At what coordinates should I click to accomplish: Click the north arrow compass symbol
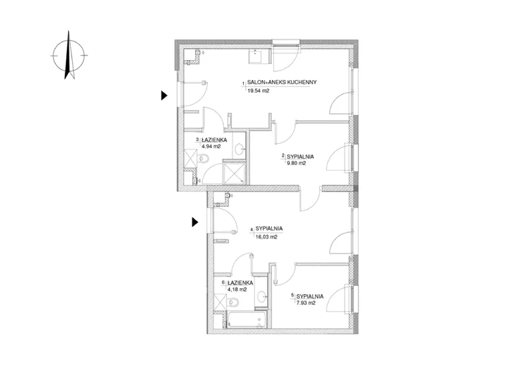pyautogui.click(x=69, y=55)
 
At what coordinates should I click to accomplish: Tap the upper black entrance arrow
pyautogui.click(x=164, y=95)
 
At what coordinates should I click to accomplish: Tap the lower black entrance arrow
pyautogui.click(x=194, y=222)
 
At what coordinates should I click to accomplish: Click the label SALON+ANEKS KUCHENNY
pyautogui.click(x=282, y=82)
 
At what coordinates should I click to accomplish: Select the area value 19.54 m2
pyautogui.click(x=258, y=91)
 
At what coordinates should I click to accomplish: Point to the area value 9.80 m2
pyautogui.click(x=296, y=163)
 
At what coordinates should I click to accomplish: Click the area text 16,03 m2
pyautogui.click(x=267, y=237)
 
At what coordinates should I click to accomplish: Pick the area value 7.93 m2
pyautogui.click(x=306, y=303)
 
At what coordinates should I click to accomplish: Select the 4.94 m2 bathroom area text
pyautogui.click(x=211, y=147)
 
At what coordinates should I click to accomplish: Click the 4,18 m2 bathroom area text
pyautogui.click(x=237, y=290)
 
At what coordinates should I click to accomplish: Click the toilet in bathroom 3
pyautogui.click(x=203, y=158)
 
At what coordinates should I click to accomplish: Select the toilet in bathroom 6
pyautogui.click(x=232, y=302)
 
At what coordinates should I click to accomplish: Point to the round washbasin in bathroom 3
pyautogui.click(x=240, y=148)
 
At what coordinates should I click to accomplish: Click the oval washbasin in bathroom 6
pyautogui.click(x=262, y=297)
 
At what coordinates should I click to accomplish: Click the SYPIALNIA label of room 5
pyautogui.click(x=310, y=296)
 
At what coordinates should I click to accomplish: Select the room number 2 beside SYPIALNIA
pyautogui.click(x=283, y=155)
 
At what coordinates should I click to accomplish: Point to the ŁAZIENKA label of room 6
pyautogui.click(x=240, y=283)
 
